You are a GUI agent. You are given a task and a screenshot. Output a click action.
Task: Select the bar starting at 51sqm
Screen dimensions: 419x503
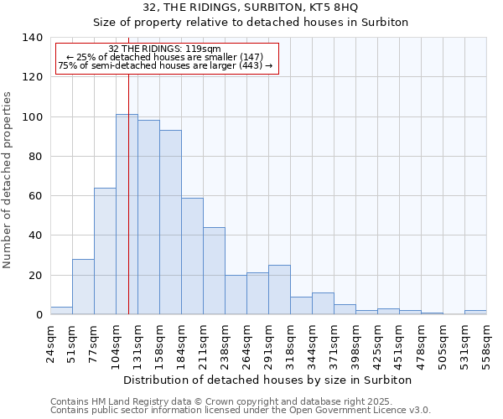(83, 287)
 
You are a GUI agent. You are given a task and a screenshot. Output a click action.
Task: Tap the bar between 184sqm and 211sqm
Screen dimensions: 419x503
(192, 256)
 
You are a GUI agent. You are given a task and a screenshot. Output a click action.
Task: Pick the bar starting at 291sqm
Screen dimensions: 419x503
(279, 290)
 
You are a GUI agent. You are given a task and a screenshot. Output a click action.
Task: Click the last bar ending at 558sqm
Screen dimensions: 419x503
(475, 312)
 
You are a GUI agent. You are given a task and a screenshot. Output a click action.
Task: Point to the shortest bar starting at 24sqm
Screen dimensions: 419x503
(61, 311)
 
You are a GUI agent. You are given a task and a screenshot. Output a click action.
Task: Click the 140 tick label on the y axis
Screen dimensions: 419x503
(32, 38)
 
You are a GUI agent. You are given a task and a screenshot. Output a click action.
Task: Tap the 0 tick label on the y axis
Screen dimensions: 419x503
(39, 315)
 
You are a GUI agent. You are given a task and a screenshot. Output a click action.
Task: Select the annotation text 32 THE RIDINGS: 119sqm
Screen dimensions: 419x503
(165, 49)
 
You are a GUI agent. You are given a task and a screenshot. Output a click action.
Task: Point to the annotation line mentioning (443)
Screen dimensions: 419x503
(165, 65)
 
